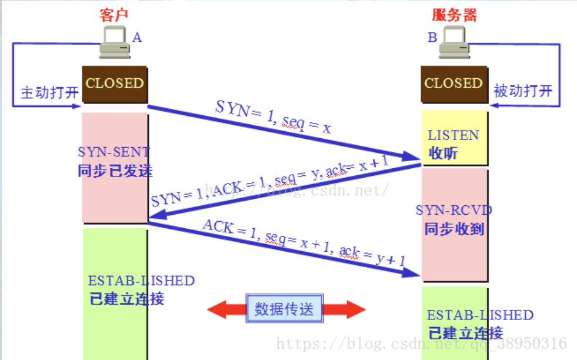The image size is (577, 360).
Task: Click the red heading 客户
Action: coord(114,15)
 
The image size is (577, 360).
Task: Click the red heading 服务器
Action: coord(455,15)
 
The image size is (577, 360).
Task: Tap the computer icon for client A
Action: coord(115,42)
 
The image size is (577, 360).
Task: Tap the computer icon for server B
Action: coord(455,43)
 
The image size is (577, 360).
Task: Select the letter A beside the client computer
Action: coord(137,38)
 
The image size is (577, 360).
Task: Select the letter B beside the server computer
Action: coord(432,38)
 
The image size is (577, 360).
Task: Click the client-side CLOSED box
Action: coord(115,84)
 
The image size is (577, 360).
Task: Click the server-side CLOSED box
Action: coord(454,84)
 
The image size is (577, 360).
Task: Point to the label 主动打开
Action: coord(49,92)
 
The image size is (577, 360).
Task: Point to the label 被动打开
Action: coord(523,91)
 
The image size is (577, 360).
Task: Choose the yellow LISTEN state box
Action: coord(455,138)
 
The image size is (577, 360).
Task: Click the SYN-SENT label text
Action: coord(114,152)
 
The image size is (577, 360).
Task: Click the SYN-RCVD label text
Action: coord(453,210)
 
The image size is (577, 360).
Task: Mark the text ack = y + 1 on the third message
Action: coord(372,255)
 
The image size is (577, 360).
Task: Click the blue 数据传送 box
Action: coord(285,308)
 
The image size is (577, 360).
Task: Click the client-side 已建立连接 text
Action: coord(127,299)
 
